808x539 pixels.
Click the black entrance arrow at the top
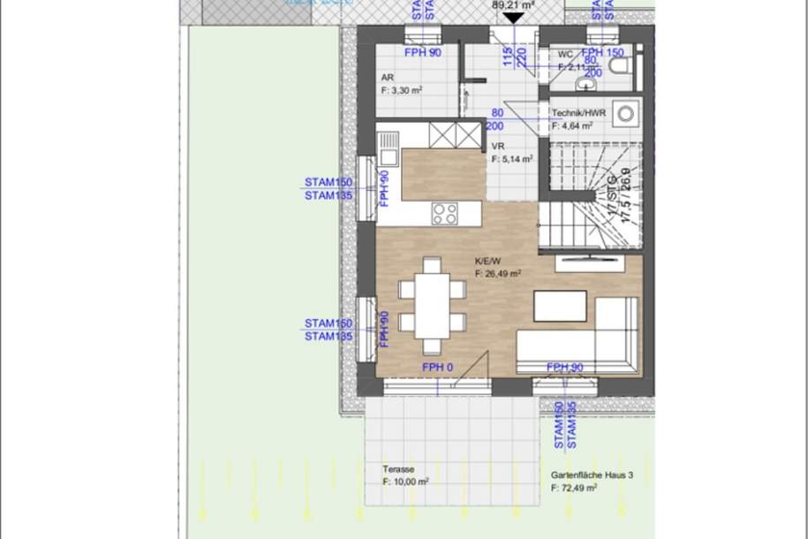point(513,17)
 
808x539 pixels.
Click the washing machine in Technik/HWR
point(628,113)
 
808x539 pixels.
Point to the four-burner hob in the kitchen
point(444,213)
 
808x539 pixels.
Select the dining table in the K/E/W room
point(432,304)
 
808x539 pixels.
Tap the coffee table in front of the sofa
point(560,306)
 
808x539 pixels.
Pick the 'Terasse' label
point(398,470)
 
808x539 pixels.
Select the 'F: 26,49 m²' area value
point(497,274)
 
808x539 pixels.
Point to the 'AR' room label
point(387,77)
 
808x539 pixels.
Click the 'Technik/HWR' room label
point(577,113)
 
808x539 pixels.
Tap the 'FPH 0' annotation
point(437,367)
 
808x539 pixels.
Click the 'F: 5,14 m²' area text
point(512,160)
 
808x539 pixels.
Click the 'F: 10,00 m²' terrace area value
point(405,482)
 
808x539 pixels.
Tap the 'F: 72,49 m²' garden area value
point(575,487)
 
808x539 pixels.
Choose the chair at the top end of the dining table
point(432,264)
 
